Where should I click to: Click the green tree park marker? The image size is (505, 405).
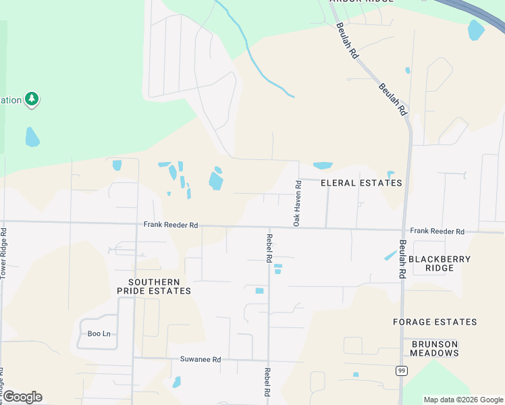pos(31,100)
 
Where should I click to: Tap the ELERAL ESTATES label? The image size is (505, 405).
pos(361,183)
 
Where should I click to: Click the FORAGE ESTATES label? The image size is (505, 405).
pos(435,322)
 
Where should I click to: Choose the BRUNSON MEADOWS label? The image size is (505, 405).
pos(435,348)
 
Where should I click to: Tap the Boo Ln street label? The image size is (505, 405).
pos(99,333)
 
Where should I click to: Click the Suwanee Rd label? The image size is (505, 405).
pos(201,359)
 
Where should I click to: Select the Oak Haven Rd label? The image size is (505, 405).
pos(296,202)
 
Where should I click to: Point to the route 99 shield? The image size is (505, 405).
pos(402,371)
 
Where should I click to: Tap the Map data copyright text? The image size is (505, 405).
pos(462,400)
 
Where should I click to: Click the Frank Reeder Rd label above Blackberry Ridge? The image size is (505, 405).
pos(437,232)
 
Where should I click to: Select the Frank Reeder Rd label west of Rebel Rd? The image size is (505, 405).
pos(170,225)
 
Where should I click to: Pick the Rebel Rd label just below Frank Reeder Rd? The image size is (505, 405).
pos(269,248)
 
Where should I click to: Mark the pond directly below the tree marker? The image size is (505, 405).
pos(32,137)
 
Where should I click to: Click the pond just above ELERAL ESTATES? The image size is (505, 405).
pos(323,165)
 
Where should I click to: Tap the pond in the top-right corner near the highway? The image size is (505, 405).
pos(476,30)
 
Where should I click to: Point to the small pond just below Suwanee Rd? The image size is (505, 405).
pos(177,382)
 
